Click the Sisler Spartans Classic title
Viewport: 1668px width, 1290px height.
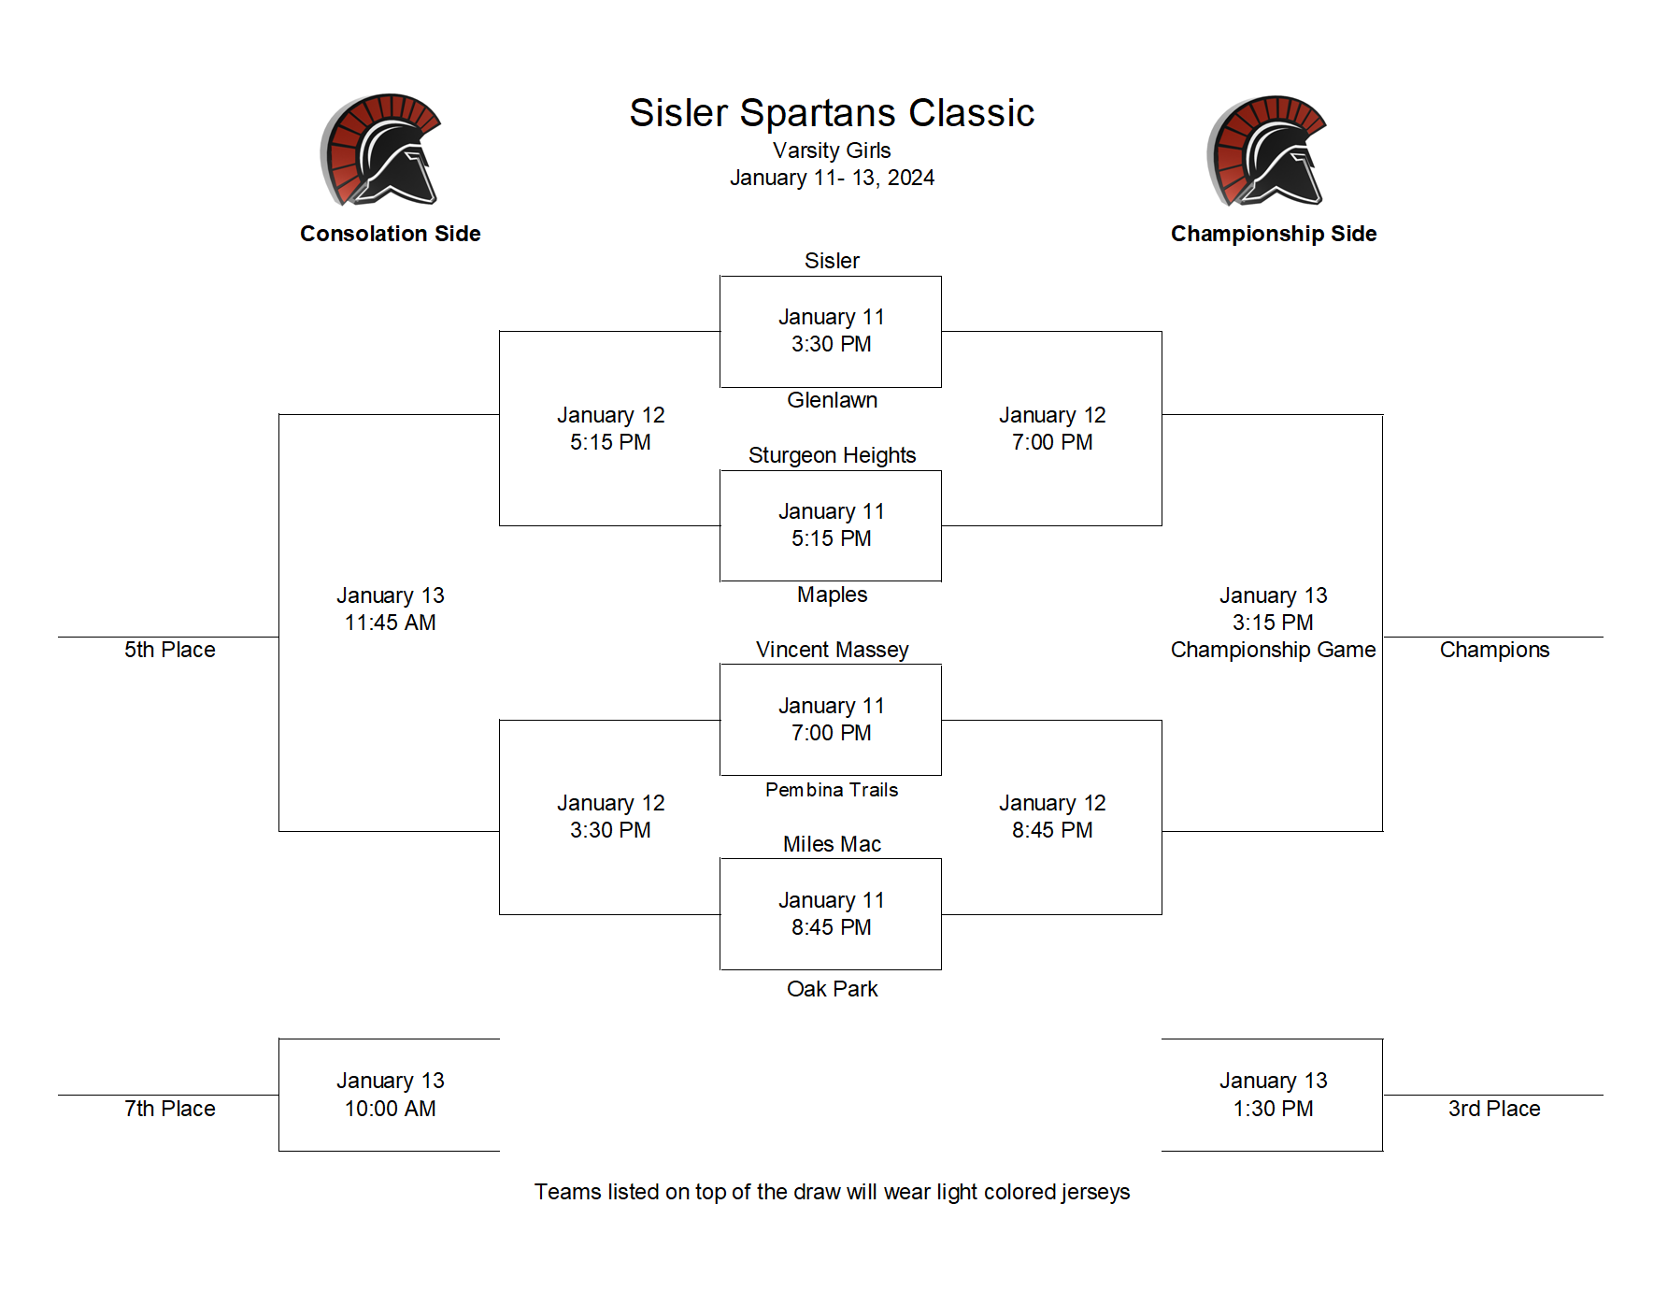tap(832, 113)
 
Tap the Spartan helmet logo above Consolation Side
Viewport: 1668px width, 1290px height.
tap(380, 150)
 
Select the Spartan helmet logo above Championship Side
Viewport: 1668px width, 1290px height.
tap(1266, 150)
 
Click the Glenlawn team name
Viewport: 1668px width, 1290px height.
tap(832, 400)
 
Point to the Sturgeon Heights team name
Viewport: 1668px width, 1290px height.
tap(832, 455)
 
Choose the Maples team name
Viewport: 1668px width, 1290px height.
tap(832, 595)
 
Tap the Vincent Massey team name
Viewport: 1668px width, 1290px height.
tap(832, 650)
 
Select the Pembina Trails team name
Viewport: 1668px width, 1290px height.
tap(832, 790)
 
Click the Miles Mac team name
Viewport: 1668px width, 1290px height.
tap(832, 844)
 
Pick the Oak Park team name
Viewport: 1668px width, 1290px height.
tap(832, 989)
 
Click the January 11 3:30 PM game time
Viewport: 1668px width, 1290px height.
tap(832, 331)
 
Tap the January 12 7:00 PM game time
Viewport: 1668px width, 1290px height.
tap(1052, 428)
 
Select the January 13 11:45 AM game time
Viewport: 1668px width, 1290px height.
tap(391, 609)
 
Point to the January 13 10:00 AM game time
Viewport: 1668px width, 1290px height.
tap(391, 1095)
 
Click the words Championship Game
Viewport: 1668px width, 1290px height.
tap(1273, 650)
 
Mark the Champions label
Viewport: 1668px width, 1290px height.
tap(1494, 650)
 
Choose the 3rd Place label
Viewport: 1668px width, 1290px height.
tap(1494, 1109)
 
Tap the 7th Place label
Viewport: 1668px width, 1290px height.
tap(170, 1109)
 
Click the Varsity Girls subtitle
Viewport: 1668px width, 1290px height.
tap(832, 150)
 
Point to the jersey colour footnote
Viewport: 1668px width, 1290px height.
tap(832, 1192)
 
